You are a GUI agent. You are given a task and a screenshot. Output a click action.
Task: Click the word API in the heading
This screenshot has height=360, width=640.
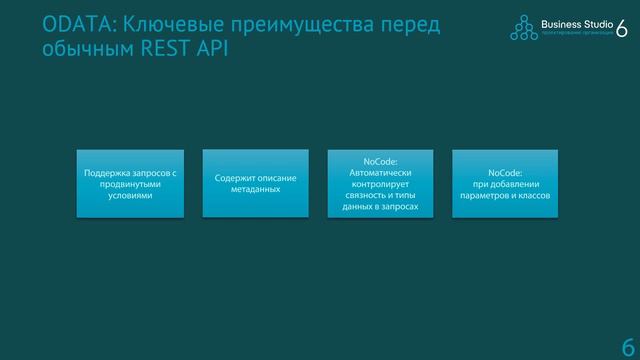(212, 48)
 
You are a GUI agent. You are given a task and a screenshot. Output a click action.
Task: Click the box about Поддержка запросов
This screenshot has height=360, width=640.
(131, 184)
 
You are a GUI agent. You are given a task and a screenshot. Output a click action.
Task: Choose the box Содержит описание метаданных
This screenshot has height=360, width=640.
(255, 184)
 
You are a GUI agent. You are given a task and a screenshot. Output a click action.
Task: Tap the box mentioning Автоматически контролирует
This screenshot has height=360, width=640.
(380, 184)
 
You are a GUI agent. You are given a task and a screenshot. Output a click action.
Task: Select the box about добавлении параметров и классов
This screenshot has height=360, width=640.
(505, 184)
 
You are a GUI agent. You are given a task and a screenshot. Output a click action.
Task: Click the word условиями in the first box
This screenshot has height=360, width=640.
(131, 196)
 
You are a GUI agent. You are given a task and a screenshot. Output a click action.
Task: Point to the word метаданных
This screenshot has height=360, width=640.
(255, 190)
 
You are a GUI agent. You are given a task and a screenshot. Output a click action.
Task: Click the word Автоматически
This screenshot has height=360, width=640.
(380, 172)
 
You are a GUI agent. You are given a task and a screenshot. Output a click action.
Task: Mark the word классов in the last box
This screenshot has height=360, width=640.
(531, 196)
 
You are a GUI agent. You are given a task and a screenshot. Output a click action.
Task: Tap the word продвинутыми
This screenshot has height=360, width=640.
(131, 184)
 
